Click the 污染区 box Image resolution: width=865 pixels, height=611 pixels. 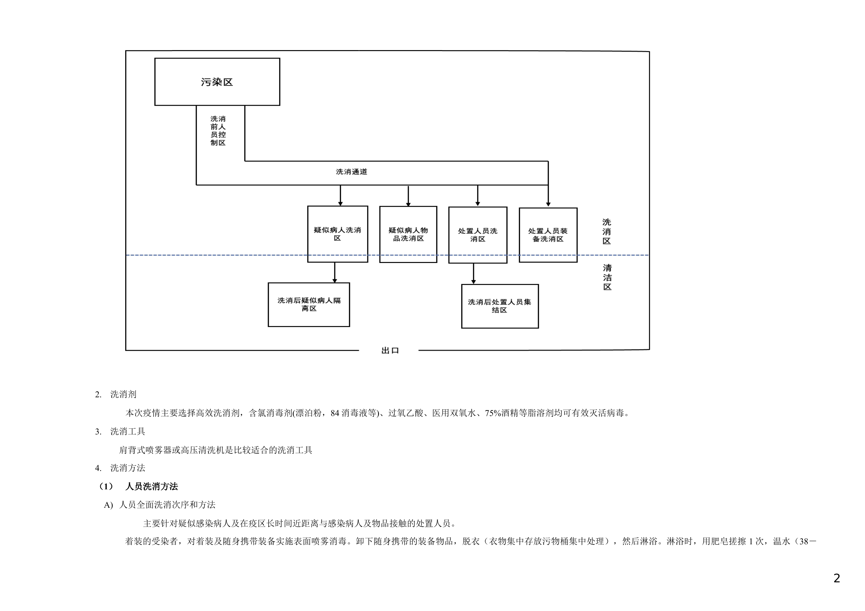[x=217, y=82]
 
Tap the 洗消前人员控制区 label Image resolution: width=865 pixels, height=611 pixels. [x=218, y=131]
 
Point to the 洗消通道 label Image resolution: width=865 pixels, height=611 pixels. [x=351, y=172]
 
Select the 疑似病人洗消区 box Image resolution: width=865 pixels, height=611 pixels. [x=337, y=234]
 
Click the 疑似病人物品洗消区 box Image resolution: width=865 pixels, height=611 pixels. [x=408, y=234]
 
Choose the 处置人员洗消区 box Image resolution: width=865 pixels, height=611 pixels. [x=477, y=235]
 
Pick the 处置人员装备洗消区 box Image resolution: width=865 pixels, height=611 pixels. [x=548, y=235]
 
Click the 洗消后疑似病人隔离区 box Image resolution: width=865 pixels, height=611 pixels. [x=309, y=305]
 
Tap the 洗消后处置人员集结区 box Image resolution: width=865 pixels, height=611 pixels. [x=500, y=306]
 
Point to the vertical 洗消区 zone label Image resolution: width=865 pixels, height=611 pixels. [x=606, y=232]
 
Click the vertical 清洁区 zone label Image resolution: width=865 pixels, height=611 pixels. [x=607, y=277]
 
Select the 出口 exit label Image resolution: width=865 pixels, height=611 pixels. [x=390, y=350]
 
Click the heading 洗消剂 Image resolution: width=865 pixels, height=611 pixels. [x=123, y=394]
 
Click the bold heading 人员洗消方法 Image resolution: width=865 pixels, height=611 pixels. [x=151, y=486]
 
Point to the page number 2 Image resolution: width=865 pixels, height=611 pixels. [x=836, y=578]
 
